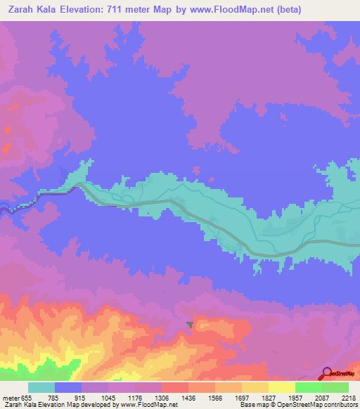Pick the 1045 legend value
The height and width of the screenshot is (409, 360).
click(x=108, y=396)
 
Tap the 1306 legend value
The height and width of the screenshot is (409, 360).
click(x=162, y=396)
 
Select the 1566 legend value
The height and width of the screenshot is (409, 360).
click(x=214, y=396)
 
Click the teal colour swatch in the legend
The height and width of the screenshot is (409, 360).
click(x=41, y=387)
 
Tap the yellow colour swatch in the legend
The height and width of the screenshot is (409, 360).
click(x=281, y=387)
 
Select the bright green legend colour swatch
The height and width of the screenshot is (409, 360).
click(x=308, y=387)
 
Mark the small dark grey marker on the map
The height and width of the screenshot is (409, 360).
click(x=190, y=323)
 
